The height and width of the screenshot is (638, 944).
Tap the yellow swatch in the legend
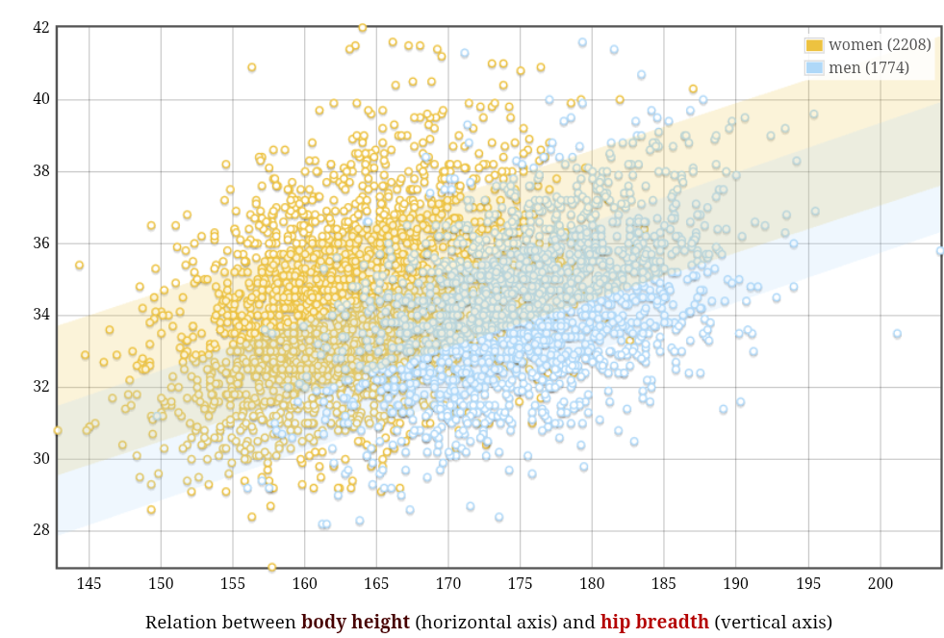click(x=814, y=45)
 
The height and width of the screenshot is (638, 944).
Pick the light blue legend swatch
click(x=814, y=67)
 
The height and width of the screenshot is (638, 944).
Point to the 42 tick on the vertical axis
click(x=40, y=27)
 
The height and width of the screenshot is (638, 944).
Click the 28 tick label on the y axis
click(x=40, y=530)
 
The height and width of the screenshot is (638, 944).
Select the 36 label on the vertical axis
click(x=40, y=242)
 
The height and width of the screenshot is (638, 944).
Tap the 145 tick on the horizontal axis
click(x=89, y=583)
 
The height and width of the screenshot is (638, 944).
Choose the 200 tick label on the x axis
click(x=880, y=583)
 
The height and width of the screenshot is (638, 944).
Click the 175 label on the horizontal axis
click(x=521, y=583)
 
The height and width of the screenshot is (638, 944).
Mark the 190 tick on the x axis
click(x=736, y=583)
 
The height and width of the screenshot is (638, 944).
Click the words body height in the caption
click(x=356, y=622)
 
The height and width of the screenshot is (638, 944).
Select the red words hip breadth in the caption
click(x=654, y=622)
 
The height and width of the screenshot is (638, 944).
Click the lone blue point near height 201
click(x=897, y=334)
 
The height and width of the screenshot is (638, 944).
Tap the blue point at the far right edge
click(x=940, y=251)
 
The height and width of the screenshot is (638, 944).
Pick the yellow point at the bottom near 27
click(x=272, y=568)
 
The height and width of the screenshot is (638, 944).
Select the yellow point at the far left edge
click(x=58, y=430)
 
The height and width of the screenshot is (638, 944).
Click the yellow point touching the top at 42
click(x=362, y=28)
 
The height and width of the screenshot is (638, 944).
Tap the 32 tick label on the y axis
click(x=40, y=387)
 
